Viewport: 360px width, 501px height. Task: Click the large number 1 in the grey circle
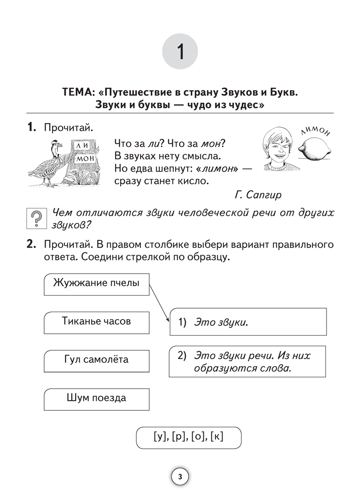click(180, 52)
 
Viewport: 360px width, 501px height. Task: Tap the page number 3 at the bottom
click(180, 476)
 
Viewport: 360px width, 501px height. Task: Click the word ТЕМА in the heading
click(81, 93)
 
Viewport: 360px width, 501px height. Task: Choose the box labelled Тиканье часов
click(97, 322)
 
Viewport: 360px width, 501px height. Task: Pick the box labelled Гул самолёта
click(97, 360)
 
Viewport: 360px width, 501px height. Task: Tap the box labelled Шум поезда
click(96, 399)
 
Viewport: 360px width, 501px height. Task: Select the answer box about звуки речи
click(248, 362)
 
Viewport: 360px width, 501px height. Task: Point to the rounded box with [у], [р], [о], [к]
click(188, 437)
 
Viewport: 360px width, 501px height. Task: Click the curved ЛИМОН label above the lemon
click(316, 132)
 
